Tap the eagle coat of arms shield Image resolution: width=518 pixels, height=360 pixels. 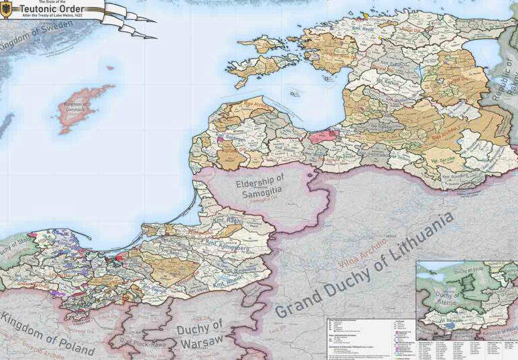pos(5,9)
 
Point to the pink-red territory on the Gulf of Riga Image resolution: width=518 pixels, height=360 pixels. pos(323,135)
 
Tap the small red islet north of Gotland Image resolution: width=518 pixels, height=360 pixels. pos(110,67)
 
